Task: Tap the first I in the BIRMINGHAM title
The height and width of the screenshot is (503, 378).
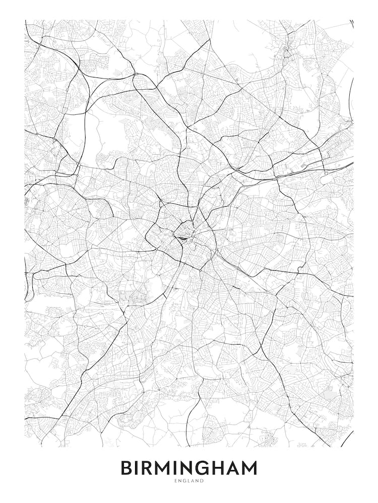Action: point(138,468)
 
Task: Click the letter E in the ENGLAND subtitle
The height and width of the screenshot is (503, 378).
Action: point(175,481)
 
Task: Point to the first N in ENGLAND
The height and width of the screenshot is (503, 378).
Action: point(179,481)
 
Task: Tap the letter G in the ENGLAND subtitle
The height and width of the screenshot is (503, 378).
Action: point(184,481)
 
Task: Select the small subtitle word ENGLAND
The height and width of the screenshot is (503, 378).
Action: point(189,481)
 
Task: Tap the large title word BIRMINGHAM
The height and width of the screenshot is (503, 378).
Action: point(188,468)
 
